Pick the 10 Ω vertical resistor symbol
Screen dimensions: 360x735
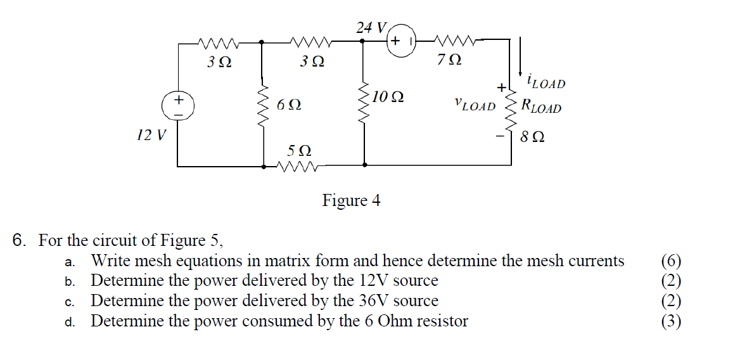(364, 101)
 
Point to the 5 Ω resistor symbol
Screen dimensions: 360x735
(298, 167)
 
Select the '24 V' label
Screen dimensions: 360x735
(371, 27)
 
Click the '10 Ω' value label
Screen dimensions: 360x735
(388, 98)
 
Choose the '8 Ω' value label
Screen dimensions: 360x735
(532, 136)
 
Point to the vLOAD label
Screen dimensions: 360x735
(475, 105)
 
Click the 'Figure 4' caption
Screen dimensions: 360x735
(351, 201)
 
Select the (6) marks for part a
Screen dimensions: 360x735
(671, 260)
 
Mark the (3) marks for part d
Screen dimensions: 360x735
(671, 321)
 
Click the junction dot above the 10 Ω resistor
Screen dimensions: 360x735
(363, 41)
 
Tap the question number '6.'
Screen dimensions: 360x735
(21, 241)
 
